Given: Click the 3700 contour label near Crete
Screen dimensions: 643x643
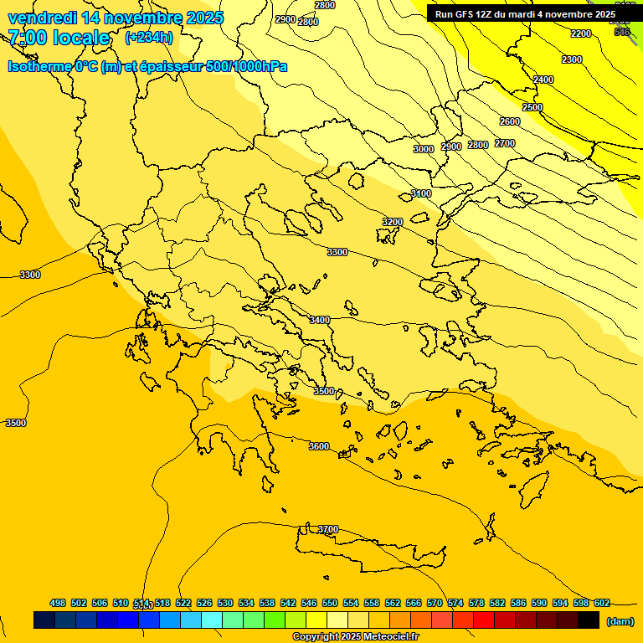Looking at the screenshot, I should (x=328, y=529).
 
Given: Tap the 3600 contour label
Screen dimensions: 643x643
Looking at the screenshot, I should (x=319, y=446).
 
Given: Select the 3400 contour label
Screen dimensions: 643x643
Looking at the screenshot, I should (x=320, y=320).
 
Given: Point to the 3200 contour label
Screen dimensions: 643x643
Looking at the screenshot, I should (x=393, y=222).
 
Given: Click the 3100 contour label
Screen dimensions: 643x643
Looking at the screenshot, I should (x=421, y=193).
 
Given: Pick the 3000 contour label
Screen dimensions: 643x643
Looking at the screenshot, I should (x=424, y=149).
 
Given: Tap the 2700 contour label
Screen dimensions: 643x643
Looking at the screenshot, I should (x=505, y=143).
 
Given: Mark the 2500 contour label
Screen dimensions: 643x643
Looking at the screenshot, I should (x=532, y=107).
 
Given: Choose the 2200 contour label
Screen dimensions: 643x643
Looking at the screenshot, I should (x=581, y=33).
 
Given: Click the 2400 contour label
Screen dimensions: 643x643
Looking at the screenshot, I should (x=543, y=80).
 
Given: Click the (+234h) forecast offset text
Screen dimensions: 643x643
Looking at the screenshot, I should (x=149, y=37).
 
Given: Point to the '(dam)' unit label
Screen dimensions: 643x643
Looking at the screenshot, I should (x=619, y=620).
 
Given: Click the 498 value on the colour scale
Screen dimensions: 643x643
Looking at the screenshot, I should (x=58, y=603).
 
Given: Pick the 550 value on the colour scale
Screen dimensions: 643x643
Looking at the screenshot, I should (x=330, y=603).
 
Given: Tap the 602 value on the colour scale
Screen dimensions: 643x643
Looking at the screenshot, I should (x=602, y=603).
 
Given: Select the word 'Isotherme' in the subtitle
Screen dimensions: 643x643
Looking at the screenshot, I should (x=39, y=66).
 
